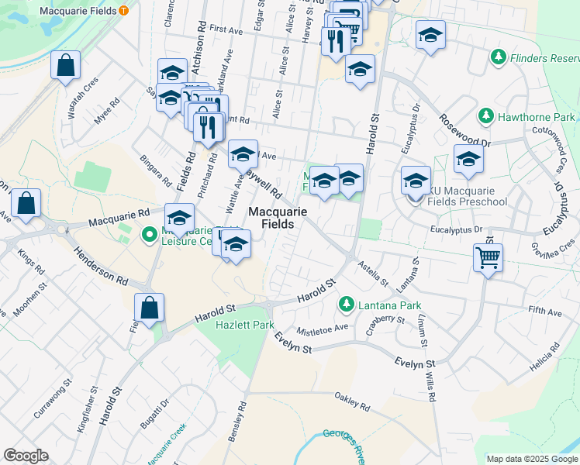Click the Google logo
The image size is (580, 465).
26,456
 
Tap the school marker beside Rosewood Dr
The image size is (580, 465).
468,160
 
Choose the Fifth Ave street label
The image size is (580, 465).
544,312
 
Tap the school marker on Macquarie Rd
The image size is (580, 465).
179,218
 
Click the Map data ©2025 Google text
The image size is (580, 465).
532,459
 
